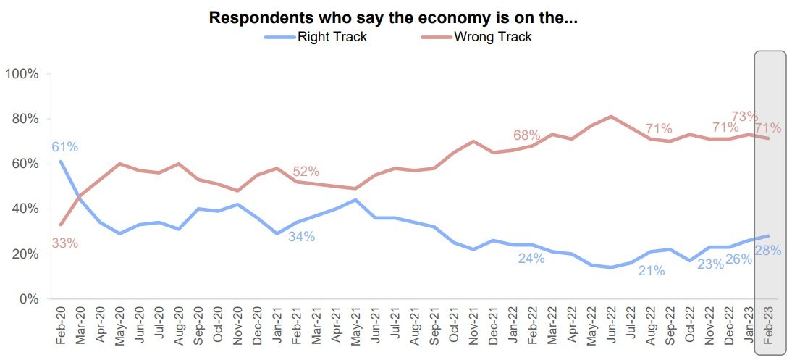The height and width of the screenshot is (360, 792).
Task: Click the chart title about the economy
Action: click(x=393, y=18)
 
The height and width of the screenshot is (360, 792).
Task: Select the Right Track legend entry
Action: click(x=332, y=37)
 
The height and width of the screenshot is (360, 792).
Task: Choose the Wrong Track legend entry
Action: click(x=492, y=37)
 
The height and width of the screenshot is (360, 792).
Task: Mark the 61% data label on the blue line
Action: click(x=64, y=147)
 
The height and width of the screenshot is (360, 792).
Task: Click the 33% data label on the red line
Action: click(x=64, y=243)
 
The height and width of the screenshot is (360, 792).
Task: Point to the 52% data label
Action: click(x=306, y=172)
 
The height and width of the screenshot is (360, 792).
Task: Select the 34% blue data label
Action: click(x=301, y=236)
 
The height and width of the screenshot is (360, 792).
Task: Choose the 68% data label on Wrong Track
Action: click(x=526, y=135)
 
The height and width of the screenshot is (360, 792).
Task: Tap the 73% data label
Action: click(x=744, y=116)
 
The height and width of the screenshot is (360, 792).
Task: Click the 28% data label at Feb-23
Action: click(x=767, y=251)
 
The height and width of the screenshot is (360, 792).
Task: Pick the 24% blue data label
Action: click(x=531, y=258)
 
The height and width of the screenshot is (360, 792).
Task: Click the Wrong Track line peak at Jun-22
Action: click(x=612, y=117)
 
